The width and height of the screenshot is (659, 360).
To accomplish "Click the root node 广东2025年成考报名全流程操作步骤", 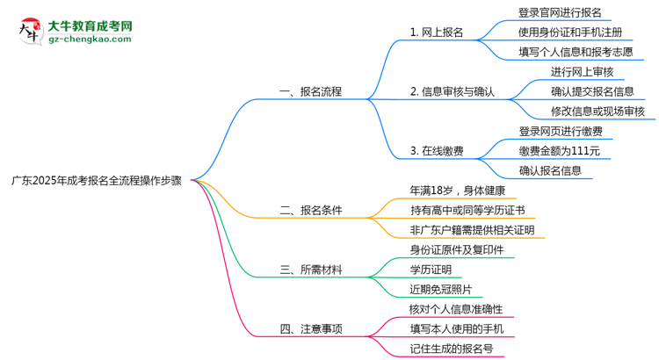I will click(97, 179).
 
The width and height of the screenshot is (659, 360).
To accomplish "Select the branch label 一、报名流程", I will click(310, 91).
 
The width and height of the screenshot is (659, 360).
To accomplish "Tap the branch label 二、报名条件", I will click(310, 210).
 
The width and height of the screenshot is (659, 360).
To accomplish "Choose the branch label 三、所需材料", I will click(310, 270).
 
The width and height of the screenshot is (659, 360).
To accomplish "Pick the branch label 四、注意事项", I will click(310, 329).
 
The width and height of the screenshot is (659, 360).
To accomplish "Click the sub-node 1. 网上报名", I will click(437, 32).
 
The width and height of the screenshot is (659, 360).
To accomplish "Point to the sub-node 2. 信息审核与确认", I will click(453, 91).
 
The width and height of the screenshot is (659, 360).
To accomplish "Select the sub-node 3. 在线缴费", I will click(437, 151).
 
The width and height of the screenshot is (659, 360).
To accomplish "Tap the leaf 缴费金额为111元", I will click(560, 151).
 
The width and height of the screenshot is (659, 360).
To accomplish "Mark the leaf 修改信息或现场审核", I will click(597, 112).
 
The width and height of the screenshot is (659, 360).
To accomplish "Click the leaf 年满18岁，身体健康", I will click(457, 191).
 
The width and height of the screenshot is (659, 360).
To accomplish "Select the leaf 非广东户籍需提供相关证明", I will click(472, 230).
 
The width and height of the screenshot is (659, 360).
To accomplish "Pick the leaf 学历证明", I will click(431, 270).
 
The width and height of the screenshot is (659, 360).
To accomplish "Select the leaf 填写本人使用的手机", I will click(457, 329).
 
